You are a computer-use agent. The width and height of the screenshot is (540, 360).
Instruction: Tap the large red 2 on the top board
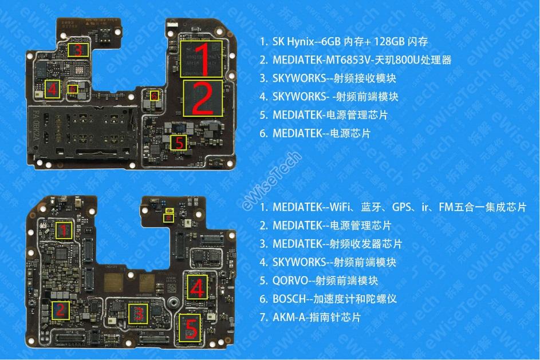click(x=202, y=98)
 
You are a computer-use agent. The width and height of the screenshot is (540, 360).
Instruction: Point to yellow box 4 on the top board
click(x=52, y=89)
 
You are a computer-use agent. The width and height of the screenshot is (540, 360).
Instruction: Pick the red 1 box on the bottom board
click(x=64, y=231)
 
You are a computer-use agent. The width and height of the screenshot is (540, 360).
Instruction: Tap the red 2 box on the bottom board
click(x=59, y=311)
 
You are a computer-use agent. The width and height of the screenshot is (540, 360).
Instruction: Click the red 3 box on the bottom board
click(x=137, y=314)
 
